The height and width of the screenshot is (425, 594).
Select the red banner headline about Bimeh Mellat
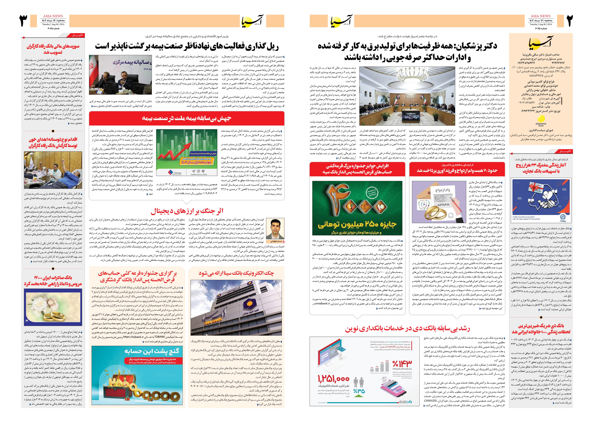click(187, 118)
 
